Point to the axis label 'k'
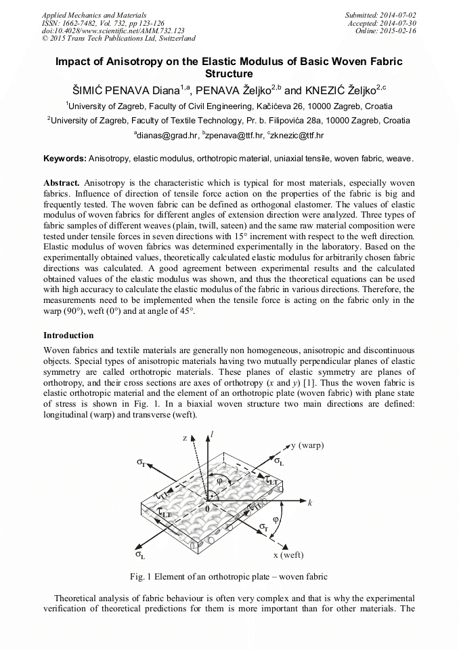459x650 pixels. [x=309, y=503]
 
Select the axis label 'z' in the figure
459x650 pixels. [x=184, y=438]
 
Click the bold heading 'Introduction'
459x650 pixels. [x=68, y=336]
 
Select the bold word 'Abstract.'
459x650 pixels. [x=62, y=184]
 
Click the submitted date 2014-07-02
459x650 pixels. [x=397, y=14]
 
